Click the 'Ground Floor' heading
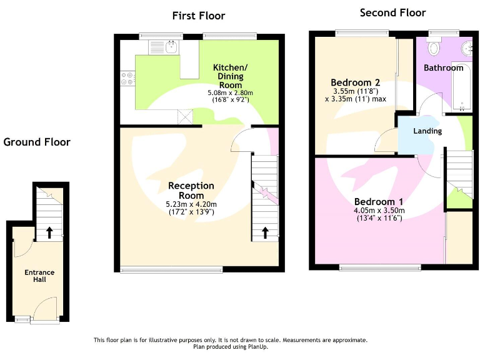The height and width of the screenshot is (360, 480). point(37,142)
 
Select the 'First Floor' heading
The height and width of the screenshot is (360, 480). point(199,16)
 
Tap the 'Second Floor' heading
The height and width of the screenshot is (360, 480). point(393,12)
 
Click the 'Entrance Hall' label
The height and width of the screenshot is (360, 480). point(39,276)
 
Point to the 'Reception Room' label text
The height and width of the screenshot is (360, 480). point(191,191)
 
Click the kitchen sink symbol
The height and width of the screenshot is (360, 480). point(166,46)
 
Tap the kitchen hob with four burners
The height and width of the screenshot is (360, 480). point(127,78)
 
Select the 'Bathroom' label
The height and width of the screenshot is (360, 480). point(444,67)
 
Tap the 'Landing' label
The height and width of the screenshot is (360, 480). point(427,131)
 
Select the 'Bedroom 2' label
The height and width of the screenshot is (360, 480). point(356,82)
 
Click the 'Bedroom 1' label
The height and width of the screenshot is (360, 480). point(378,202)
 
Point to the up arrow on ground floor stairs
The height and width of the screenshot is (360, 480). point(49,232)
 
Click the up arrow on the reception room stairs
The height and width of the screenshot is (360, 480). point(264,232)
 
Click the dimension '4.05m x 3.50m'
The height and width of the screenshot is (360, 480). point(379,211)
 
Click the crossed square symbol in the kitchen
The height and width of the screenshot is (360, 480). point(186,117)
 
